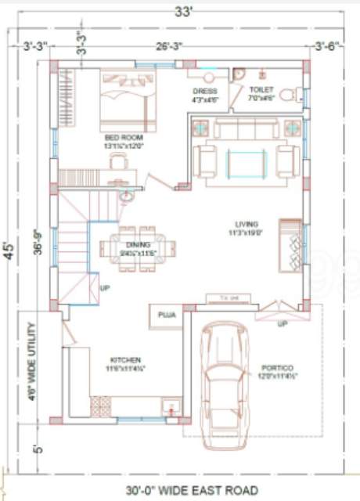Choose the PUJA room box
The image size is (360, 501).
tap(166, 315)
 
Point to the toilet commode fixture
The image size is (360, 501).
tap(287, 96)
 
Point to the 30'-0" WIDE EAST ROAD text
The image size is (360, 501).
tap(192, 490)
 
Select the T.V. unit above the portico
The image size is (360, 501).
tap(228, 297)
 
